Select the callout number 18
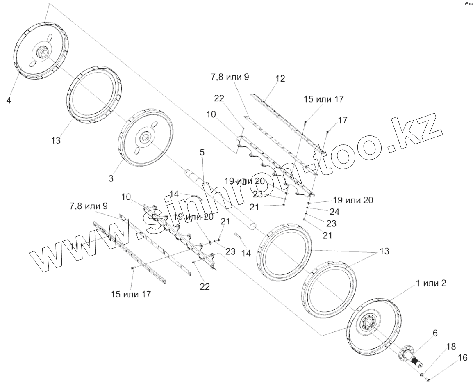tap(451, 347)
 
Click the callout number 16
tap(462, 358)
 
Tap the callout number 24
tap(334, 212)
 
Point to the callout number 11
tap(74, 247)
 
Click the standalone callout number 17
tap(343, 120)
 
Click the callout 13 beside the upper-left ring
tap(56, 140)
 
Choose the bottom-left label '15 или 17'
tap(131, 294)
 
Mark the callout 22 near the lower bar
tap(205, 287)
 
